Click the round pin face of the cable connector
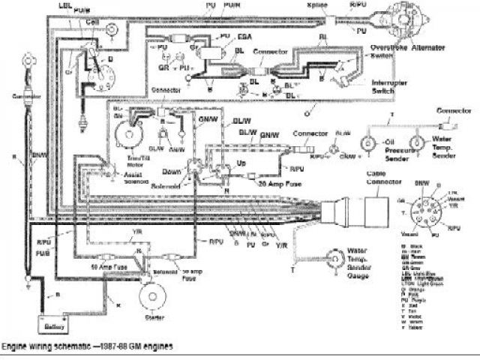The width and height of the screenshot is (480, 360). [427, 205]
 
